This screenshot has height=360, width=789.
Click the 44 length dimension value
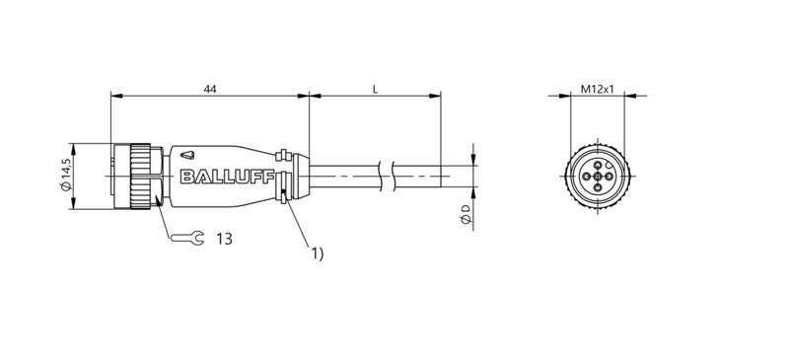click(209, 89)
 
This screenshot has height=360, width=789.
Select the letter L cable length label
click(375, 89)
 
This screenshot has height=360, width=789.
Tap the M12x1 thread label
click(597, 89)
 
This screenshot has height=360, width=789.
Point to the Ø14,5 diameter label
click(65, 175)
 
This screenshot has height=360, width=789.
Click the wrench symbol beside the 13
click(184, 238)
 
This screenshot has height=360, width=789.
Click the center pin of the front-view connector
click(598, 177)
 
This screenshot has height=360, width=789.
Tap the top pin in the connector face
click(598, 165)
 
